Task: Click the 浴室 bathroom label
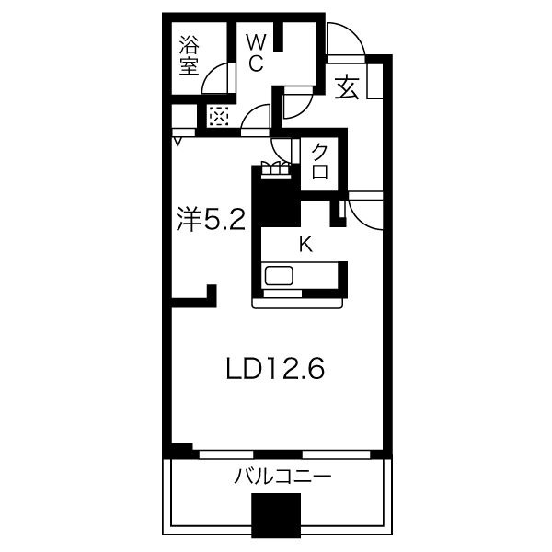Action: pos(190,55)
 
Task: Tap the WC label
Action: pos(256,53)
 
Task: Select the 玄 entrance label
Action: pos(347,87)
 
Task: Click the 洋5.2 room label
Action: pos(211,219)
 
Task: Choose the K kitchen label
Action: pos(305,244)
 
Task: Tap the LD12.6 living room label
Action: pos(275,369)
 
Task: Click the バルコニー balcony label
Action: pos(282,477)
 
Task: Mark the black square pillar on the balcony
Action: pos(276,515)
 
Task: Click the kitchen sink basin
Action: pos(279,276)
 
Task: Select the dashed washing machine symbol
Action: pos(219,116)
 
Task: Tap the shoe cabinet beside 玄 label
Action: pos(375,81)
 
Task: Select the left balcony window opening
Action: pos(226,454)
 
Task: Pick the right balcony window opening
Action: pos(336,454)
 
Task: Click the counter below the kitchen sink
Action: pos(297,303)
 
